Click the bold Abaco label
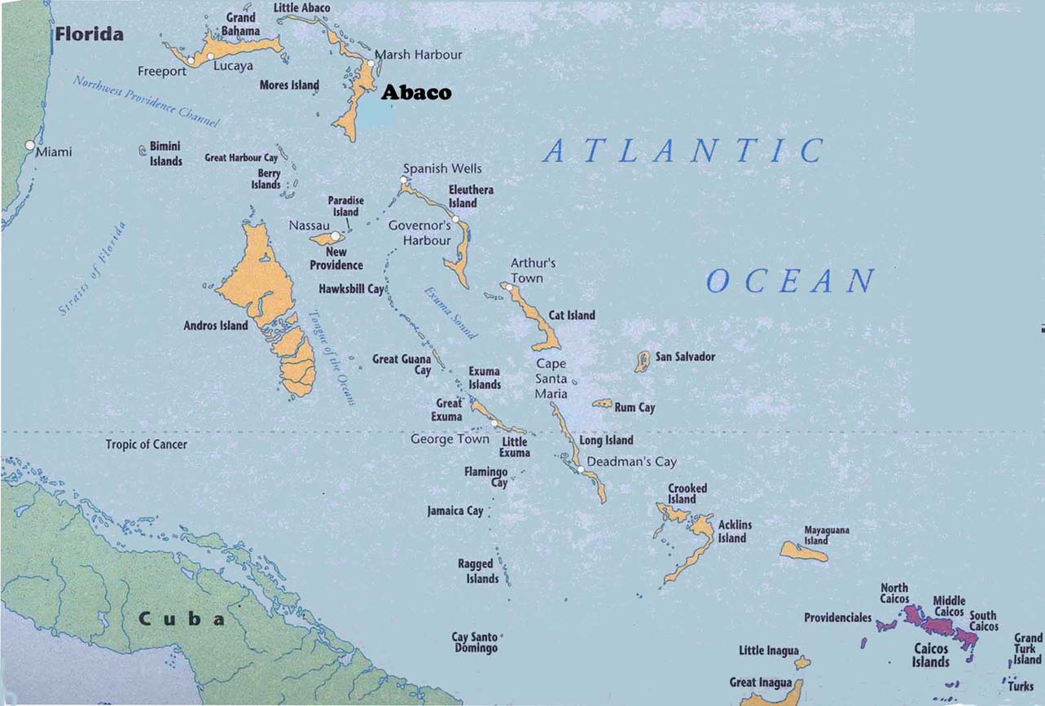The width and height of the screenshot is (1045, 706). tap(416, 93)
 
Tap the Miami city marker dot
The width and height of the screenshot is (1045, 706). tap(30, 146)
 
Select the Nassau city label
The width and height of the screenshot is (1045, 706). tap(309, 225)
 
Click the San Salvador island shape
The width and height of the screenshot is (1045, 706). tap(643, 361)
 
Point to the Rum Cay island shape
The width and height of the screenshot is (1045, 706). tap(603, 403)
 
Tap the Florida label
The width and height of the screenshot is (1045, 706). tap(90, 34)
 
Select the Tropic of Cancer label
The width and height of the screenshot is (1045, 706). tap(146, 445)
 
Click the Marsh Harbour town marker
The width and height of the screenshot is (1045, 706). tap(371, 63)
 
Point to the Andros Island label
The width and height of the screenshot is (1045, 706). tap(216, 326)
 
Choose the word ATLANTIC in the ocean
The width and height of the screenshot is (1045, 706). tap(683, 151)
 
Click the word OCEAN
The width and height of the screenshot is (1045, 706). tap(789, 282)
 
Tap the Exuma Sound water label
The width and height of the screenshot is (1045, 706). tap(450, 313)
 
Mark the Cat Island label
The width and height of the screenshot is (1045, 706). tap(572, 315)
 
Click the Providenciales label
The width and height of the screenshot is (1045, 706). tap(838, 618)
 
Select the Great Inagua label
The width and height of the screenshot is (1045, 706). tap(760, 682)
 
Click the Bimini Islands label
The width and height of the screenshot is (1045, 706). tap(165, 153)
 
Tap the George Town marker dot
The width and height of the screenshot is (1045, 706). tap(494, 423)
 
